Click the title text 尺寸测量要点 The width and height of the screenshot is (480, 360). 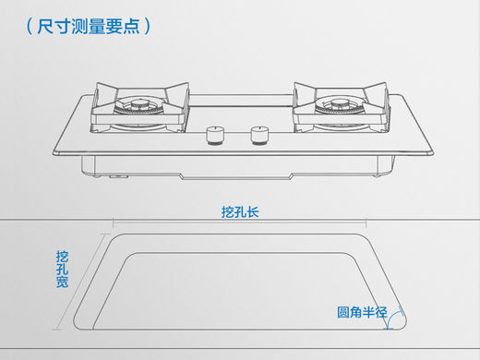pyautogui.click(x=89, y=26)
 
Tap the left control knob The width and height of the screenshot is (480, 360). pyautogui.click(x=214, y=136)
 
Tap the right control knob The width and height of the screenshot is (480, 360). pyautogui.click(x=259, y=136)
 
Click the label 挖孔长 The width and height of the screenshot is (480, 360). pyautogui.click(x=240, y=212)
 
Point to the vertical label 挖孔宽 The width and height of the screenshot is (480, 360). pyautogui.click(x=62, y=270)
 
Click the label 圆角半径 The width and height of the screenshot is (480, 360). pyautogui.click(x=362, y=312)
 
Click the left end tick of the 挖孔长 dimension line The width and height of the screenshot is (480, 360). pyautogui.click(x=114, y=223)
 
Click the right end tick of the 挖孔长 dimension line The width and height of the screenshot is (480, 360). pyautogui.click(x=366, y=223)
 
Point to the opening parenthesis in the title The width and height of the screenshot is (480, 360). pyautogui.click(x=30, y=26)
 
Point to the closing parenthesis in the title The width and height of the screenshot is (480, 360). pyautogui.click(x=148, y=26)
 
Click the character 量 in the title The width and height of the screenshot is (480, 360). pyautogui.click(x=97, y=26)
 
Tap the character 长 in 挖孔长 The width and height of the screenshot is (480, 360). pyautogui.click(x=253, y=212)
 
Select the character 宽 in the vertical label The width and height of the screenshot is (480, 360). pyautogui.click(x=62, y=282)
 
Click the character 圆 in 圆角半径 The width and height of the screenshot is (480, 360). pyautogui.click(x=343, y=312)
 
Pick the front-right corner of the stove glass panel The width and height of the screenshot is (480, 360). pyautogui.click(x=432, y=153)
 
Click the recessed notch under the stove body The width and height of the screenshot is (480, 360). pyautogui.click(x=236, y=176)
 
